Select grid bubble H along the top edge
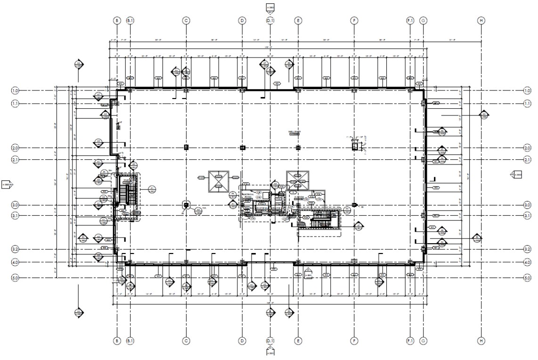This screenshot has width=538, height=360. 481,21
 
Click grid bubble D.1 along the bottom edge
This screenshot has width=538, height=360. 270,340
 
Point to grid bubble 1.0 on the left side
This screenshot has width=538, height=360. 15,90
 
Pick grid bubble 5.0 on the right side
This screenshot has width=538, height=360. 527,278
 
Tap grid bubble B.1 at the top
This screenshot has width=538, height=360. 130,21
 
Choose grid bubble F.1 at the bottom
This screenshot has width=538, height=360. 410,340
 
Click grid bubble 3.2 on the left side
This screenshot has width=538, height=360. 15,249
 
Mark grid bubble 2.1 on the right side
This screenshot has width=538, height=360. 527,160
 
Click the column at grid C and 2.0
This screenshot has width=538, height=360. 186,147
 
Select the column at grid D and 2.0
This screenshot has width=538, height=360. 243,147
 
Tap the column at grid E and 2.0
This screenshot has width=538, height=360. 298,147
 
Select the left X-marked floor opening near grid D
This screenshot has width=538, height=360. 218,181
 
